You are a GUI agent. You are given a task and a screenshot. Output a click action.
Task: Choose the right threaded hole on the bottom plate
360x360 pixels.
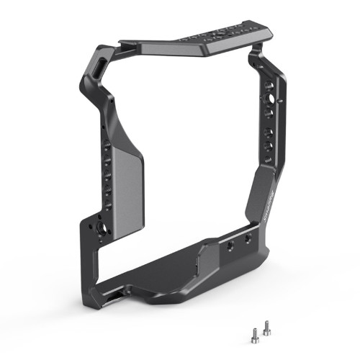tap(248, 238)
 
